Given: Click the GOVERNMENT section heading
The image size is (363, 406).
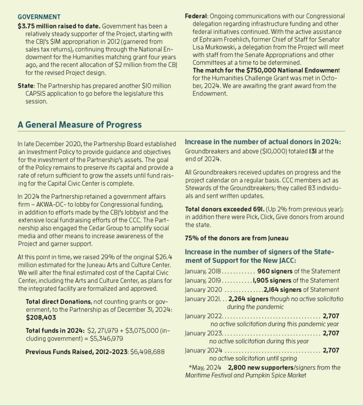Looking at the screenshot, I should pos(39,17).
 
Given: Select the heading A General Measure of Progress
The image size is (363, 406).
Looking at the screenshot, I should pos(79,124).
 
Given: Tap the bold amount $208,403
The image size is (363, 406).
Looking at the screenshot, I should pos(40,318).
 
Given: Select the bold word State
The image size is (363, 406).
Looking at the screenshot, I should pos(26,86).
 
